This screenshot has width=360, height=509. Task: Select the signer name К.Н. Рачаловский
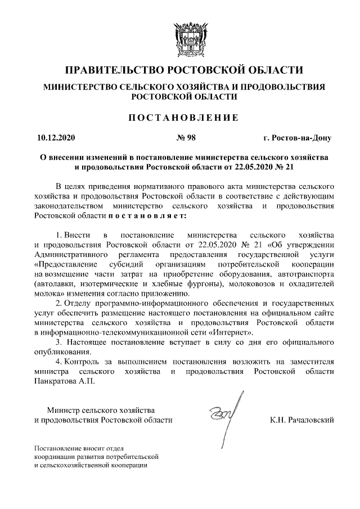click(302, 420)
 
